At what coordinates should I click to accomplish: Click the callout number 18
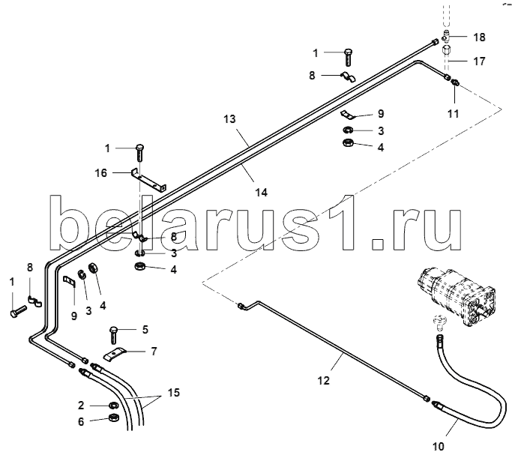pyautogui.click(x=479, y=37)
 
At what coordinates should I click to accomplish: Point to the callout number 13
pyautogui.click(x=229, y=119)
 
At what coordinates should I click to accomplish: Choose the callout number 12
pyautogui.click(x=323, y=380)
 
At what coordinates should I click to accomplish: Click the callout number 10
pyautogui.click(x=438, y=446)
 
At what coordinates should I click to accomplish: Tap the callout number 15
pyautogui.click(x=174, y=393)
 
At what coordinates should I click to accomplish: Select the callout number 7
pyautogui.click(x=154, y=351)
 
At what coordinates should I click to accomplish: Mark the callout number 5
pyautogui.click(x=145, y=328)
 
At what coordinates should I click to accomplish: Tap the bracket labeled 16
pyautogui.click(x=147, y=179)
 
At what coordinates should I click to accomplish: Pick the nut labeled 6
pyautogui.click(x=114, y=418)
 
